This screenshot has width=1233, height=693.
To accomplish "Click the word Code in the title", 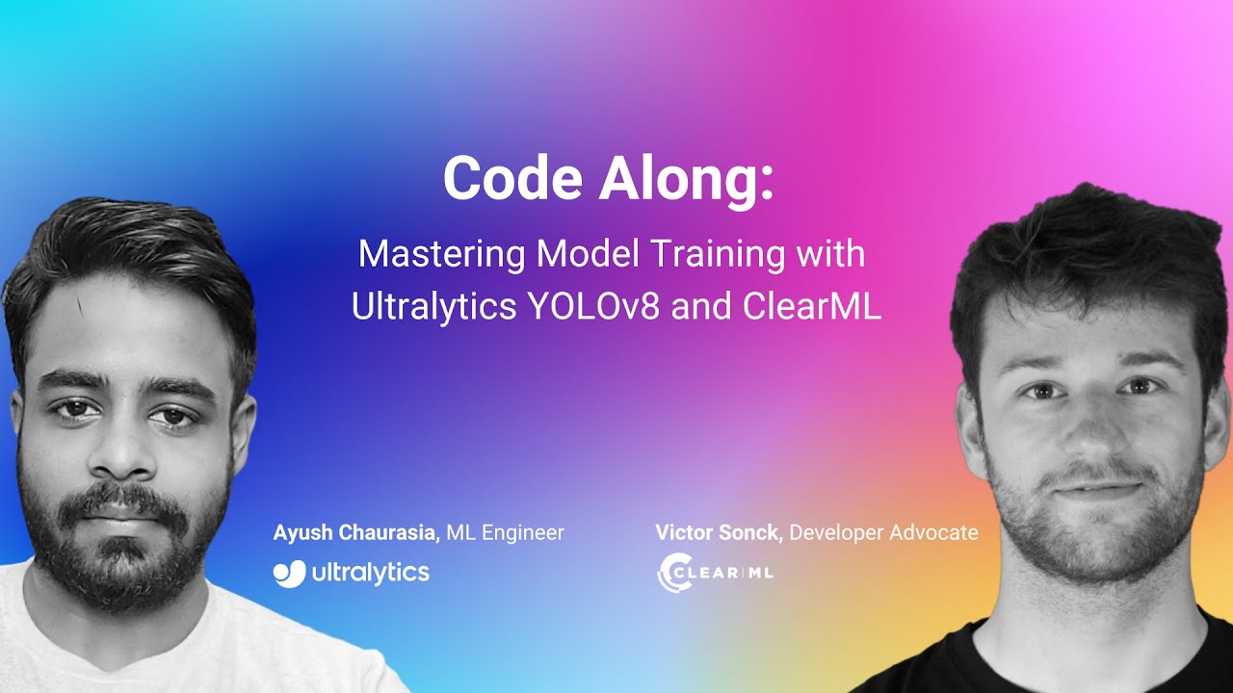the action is click(x=512, y=178).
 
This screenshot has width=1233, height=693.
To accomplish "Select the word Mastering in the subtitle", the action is click(x=441, y=255).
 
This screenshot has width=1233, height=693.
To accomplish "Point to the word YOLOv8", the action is click(x=593, y=306).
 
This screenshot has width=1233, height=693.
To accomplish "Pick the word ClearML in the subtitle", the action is click(x=812, y=306).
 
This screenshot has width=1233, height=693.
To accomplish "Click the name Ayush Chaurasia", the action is click(x=356, y=532).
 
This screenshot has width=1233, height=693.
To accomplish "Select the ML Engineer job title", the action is click(x=505, y=532).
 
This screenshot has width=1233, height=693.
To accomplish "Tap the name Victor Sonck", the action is click(x=719, y=532).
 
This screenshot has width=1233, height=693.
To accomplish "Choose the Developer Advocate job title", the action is click(x=883, y=532).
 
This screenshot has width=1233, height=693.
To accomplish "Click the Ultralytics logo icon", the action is click(x=290, y=574).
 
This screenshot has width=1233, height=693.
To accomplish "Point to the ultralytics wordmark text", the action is click(x=371, y=574).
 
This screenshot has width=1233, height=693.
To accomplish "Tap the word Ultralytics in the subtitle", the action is click(x=433, y=306).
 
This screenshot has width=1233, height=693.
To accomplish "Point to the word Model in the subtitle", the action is click(x=588, y=254).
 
